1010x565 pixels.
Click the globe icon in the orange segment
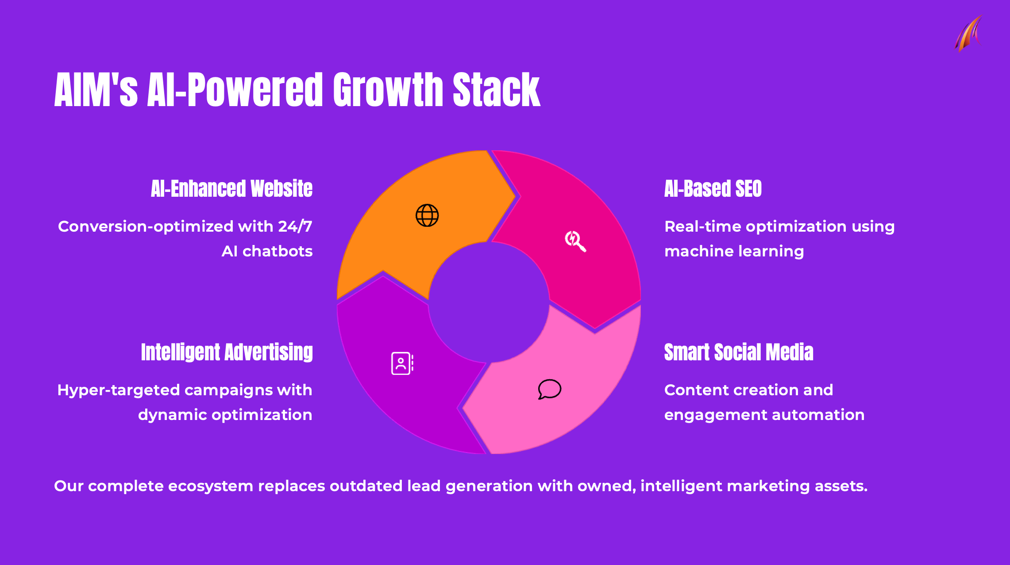427,215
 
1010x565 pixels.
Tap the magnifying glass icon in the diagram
575,241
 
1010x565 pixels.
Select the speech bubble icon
550,389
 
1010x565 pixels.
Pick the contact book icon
402,363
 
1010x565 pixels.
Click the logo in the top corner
968,34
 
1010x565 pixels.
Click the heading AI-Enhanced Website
231,189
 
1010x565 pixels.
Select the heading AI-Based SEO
713,189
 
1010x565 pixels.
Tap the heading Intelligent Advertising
227,352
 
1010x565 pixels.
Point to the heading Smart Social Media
739,352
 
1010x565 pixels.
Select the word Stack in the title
497,90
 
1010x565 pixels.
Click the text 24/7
295,226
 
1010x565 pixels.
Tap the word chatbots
278,251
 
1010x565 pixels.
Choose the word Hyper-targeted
118,390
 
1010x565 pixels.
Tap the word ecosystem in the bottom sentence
210,486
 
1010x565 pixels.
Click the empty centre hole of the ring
489,302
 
